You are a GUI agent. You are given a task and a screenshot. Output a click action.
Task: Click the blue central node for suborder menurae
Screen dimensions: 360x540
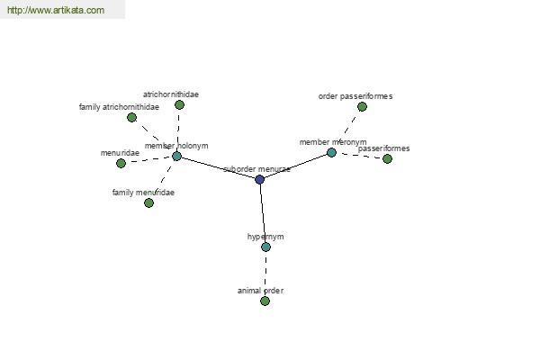(x=260, y=179)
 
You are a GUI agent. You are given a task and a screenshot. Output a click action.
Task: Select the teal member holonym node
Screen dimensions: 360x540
(x=176, y=156)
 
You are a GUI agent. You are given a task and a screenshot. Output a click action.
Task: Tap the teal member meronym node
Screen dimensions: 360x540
(x=331, y=152)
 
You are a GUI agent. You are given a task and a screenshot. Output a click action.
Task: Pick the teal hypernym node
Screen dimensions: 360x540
(x=265, y=247)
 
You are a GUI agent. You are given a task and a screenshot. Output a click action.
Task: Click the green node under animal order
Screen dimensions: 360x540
(x=265, y=301)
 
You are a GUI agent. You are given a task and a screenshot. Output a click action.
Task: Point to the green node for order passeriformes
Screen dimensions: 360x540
(x=362, y=106)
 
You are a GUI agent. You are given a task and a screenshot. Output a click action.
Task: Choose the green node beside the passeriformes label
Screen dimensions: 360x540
(x=387, y=158)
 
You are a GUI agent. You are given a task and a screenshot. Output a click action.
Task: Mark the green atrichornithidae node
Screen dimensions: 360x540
(x=179, y=104)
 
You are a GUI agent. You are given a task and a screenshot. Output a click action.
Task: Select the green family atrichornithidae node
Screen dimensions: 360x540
(x=131, y=117)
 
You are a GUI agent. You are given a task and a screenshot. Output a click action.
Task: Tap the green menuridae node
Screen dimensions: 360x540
(x=121, y=163)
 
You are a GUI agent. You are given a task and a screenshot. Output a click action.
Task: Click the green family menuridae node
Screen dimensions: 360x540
(x=148, y=202)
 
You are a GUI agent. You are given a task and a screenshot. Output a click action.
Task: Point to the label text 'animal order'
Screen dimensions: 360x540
(x=260, y=291)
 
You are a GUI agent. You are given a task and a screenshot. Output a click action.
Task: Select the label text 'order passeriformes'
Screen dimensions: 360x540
(x=355, y=95)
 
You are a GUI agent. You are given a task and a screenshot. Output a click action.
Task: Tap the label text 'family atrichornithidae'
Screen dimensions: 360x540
(x=119, y=107)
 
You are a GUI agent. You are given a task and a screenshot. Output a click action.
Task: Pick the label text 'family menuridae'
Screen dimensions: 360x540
(x=143, y=193)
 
